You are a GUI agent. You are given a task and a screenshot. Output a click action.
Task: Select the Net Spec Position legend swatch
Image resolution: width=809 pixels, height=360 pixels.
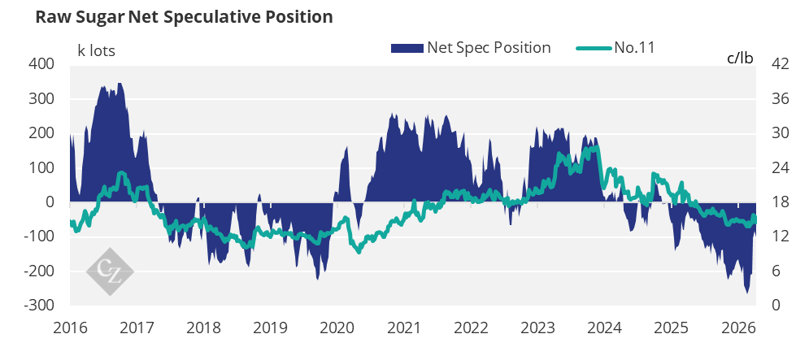pos(407,48)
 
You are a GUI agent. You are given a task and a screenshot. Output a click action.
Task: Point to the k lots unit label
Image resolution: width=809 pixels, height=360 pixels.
pos(96,50)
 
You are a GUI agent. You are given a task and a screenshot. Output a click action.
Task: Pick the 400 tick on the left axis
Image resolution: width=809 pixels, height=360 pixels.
pos(42,64)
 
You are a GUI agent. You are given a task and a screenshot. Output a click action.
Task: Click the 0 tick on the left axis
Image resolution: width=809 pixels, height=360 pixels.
pos(50,202)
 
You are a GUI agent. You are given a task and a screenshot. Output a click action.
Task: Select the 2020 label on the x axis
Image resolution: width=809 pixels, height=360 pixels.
pos(337,328)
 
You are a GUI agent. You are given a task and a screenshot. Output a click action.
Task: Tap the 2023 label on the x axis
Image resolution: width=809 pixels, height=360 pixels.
pos(537,328)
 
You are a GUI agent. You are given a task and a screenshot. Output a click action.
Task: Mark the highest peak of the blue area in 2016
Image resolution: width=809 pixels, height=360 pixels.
pos(120,84)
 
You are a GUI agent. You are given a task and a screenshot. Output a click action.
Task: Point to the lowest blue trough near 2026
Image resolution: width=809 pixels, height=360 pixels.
pos(746,292)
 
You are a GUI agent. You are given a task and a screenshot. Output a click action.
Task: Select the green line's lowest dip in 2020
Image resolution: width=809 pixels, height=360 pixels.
pos(358,253)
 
